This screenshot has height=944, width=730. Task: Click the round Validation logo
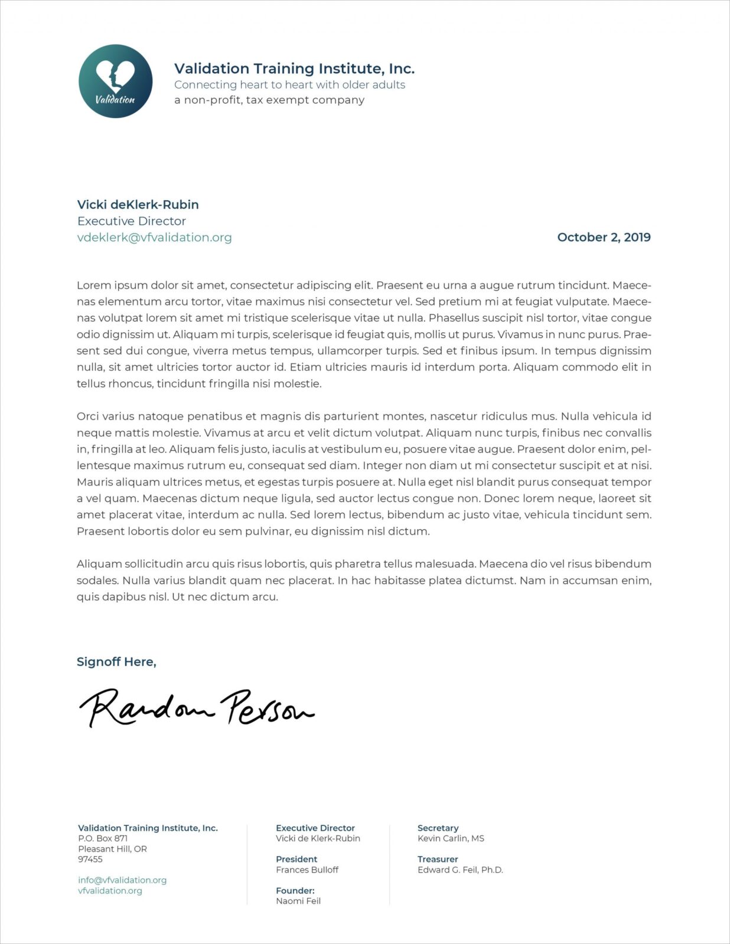pyautogui.click(x=115, y=81)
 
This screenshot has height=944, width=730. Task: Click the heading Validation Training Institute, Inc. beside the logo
pyautogui.click(x=294, y=69)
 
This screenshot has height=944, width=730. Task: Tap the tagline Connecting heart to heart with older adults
pyautogui.click(x=289, y=85)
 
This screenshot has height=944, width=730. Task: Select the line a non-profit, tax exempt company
pyautogui.click(x=269, y=100)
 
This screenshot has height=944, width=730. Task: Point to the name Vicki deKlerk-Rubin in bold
pyautogui.click(x=138, y=205)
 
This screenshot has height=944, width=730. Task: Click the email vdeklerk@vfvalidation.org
pyautogui.click(x=154, y=237)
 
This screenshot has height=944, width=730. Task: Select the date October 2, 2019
pyautogui.click(x=604, y=237)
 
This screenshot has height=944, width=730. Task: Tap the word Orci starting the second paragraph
pyautogui.click(x=88, y=417)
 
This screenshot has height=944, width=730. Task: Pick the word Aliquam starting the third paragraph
pyautogui.click(x=99, y=564)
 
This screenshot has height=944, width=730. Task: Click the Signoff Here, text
pyautogui.click(x=116, y=662)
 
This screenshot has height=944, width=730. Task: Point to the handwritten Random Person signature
pyautogui.click(x=197, y=707)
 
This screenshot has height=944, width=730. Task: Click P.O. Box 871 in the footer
pyautogui.click(x=103, y=838)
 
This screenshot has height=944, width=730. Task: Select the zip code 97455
pyautogui.click(x=90, y=860)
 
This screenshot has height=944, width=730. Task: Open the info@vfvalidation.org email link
pyautogui.click(x=122, y=880)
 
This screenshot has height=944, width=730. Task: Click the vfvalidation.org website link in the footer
pyautogui.click(x=110, y=891)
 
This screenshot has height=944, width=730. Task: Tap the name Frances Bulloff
pyautogui.click(x=307, y=870)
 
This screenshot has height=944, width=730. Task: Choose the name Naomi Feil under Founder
pyautogui.click(x=298, y=901)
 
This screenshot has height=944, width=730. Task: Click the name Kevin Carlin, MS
pyautogui.click(x=451, y=838)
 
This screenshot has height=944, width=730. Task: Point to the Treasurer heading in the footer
pyautogui.click(x=438, y=860)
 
